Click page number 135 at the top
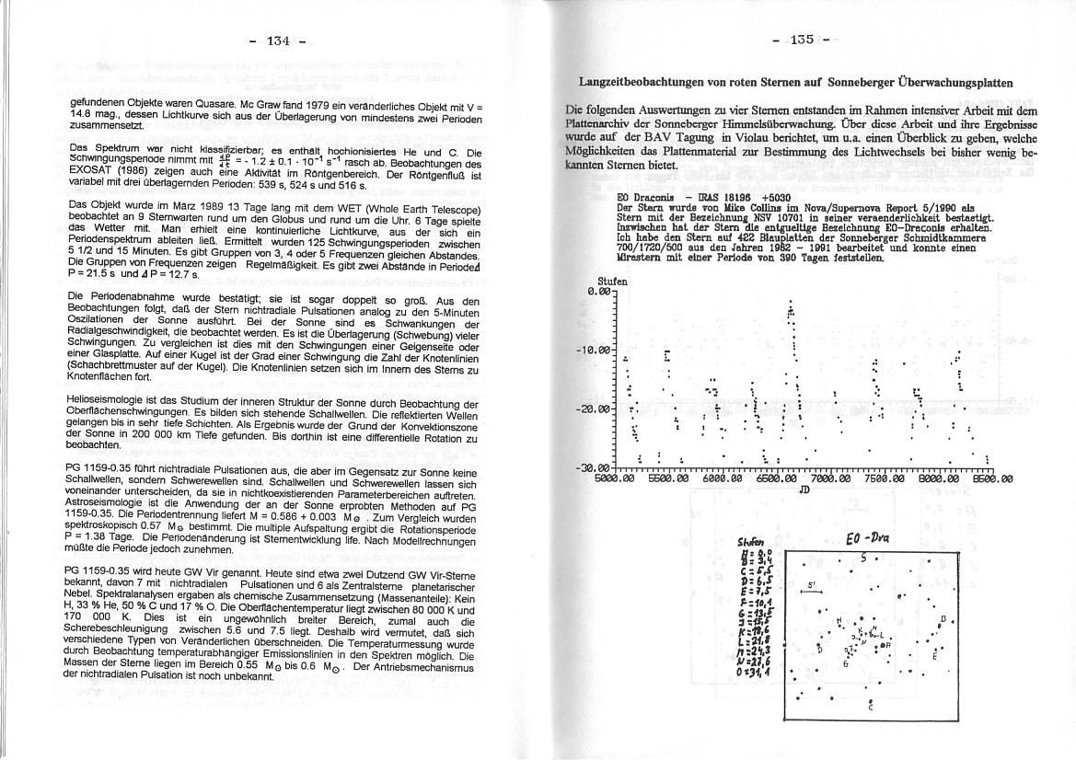point(802,40)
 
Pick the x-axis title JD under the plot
point(804,489)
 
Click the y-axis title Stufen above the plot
point(612,282)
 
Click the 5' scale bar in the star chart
point(812,591)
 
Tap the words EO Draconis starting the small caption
point(643,198)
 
